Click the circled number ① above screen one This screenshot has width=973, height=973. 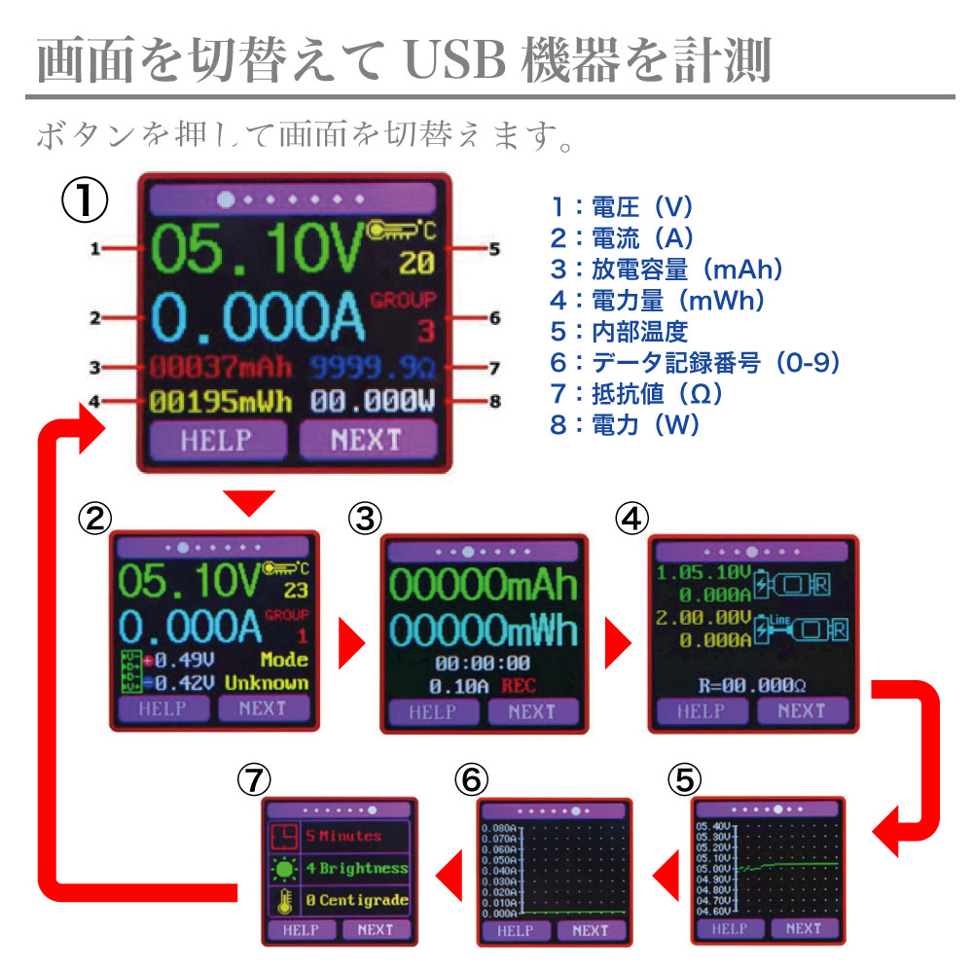pyautogui.click(x=84, y=200)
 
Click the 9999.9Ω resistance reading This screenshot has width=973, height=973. pyautogui.click(x=374, y=368)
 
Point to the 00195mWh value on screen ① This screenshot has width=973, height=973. pyautogui.click(x=221, y=402)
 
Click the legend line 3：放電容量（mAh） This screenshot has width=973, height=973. pyautogui.click(x=666, y=270)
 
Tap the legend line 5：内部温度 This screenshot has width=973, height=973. pyautogui.click(x=619, y=332)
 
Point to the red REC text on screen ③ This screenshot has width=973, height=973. pyautogui.click(x=519, y=686)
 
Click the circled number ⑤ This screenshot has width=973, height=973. pyautogui.click(x=685, y=779)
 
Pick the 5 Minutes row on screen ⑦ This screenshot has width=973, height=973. pyautogui.click(x=342, y=835)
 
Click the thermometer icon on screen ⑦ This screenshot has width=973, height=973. pyautogui.click(x=284, y=900)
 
